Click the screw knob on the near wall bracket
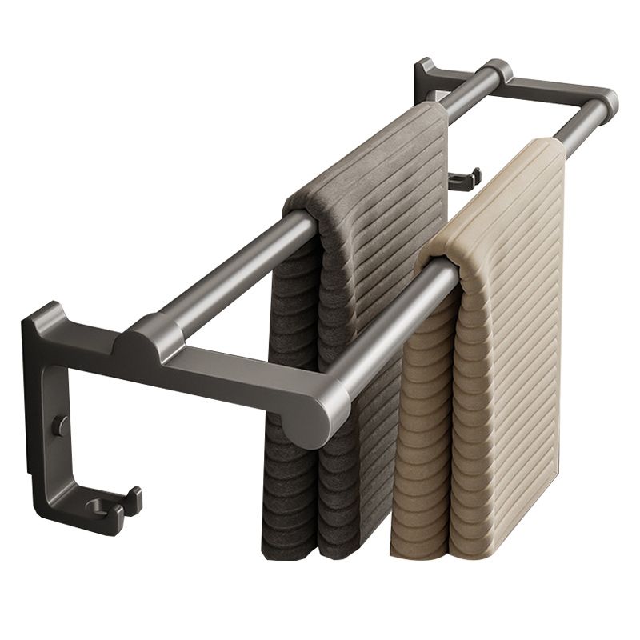pyautogui.click(x=61, y=426)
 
